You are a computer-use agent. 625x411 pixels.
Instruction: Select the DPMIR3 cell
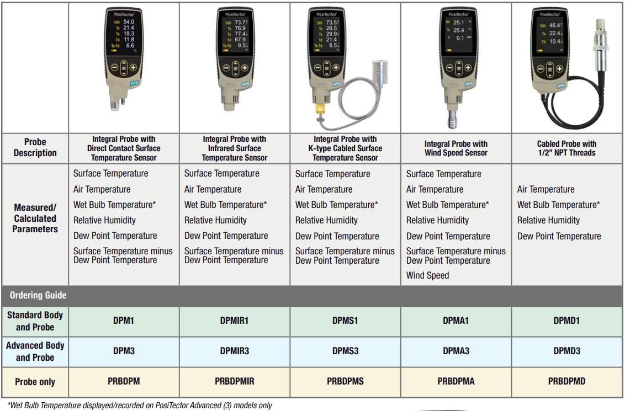pos(234,351)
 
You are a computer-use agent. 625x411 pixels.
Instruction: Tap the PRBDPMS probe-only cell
pos(345,381)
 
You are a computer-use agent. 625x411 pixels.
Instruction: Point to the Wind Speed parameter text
pos(427,275)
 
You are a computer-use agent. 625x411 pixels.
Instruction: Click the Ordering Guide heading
pos(38,295)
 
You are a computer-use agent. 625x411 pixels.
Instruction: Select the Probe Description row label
pos(35,147)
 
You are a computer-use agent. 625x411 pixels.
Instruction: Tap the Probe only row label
pos(35,382)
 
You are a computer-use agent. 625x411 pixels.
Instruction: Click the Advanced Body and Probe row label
pos(35,351)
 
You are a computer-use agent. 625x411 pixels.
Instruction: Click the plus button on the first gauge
pos(134,70)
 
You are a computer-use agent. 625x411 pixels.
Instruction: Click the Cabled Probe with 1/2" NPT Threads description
pos(567,148)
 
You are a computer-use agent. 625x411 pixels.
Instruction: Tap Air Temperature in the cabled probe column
pos(545,189)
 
